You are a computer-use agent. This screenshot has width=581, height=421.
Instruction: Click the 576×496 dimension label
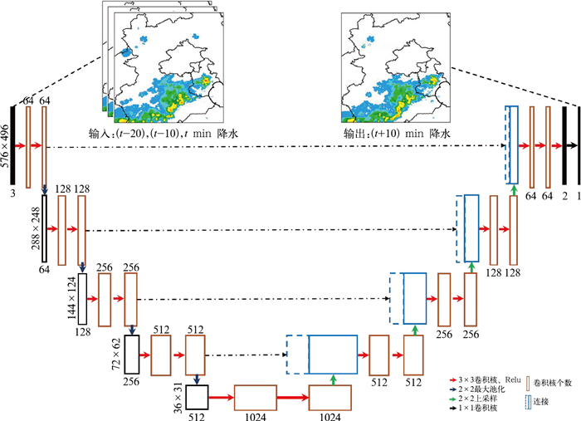pyautogui.click(x=7, y=148)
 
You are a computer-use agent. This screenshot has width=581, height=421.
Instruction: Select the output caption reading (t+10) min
pyautogui.click(x=397, y=133)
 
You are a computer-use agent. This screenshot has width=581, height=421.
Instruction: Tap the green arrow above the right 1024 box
pyautogui.click(x=332, y=379)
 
